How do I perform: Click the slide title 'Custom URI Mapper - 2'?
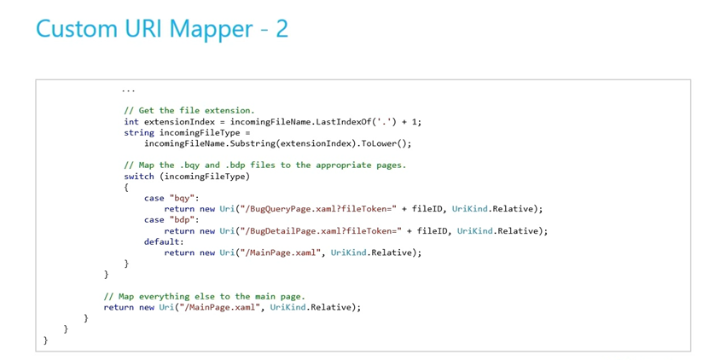pyautogui.click(x=162, y=29)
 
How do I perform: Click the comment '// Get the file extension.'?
pyautogui.click(x=189, y=111)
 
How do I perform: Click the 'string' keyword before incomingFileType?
pyautogui.click(x=139, y=133)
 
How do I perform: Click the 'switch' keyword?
pyautogui.click(x=139, y=177)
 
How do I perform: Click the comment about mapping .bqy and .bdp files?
pyautogui.click(x=264, y=165)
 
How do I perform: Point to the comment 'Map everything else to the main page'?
pyautogui.click(x=204, y=297)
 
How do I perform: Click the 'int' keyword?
pyautogui.click(x=131, y=122)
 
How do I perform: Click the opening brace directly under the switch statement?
pyautogui.click(x=126, y=188)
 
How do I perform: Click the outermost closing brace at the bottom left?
pyautogui.click(x=45, y=340)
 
